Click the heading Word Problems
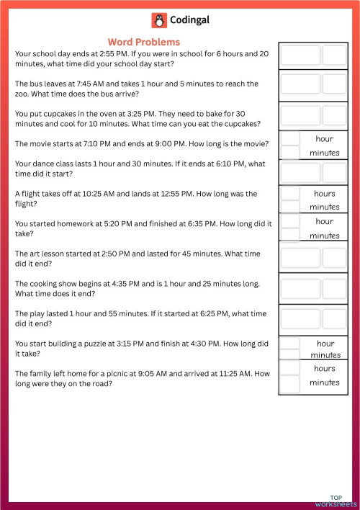coord(143,42)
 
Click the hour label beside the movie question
coord(324,138)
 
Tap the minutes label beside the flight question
coord(324,207)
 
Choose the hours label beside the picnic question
coord(324,368)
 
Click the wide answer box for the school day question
coord(300,55)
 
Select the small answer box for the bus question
coord(334,84)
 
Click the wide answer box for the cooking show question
coord(300,289)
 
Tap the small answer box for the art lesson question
coord(334,259)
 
